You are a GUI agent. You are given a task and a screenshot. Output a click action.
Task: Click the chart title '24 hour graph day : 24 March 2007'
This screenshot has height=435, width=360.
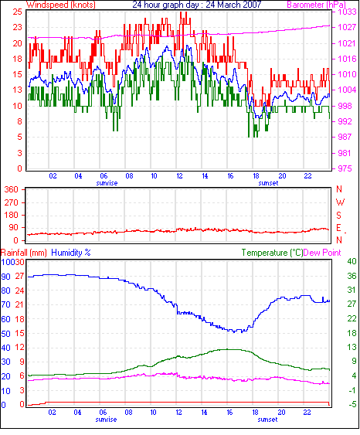tap(197, 5)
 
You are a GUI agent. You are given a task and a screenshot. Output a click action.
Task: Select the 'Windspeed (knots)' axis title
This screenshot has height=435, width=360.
tap(61, 5)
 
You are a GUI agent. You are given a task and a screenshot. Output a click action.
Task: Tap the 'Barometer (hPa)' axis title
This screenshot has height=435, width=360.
tap(316, 5)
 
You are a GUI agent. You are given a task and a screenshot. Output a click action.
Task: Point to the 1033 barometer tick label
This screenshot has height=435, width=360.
tap(347, 12)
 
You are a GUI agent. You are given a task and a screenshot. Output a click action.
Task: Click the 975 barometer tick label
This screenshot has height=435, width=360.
tap(345, 168)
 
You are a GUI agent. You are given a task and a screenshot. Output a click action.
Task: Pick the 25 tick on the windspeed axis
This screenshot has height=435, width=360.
tap(18, 12)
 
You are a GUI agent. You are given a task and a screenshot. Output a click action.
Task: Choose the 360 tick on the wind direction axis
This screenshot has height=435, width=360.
tap(11, 190)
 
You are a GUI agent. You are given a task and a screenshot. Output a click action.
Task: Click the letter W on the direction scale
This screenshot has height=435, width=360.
tap(340, 202)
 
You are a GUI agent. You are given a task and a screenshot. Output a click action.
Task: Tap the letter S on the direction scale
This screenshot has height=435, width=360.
tap(338, 216)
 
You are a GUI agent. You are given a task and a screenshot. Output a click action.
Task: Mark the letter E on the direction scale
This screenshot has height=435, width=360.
tap(338, 228)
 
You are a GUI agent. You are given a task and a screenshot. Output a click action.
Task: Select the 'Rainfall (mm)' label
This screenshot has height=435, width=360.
tap(24, 253)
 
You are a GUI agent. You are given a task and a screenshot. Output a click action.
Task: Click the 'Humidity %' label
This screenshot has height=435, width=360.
tap(71, 253)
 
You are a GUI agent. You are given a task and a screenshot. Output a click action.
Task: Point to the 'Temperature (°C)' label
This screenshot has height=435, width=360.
tap(272, 253)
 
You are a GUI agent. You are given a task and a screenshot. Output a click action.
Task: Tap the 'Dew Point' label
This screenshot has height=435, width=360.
tap(322, 253)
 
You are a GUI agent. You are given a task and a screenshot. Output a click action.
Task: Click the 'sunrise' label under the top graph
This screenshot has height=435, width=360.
tap(107, 183)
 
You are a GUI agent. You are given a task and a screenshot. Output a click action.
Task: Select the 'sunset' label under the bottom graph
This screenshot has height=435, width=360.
tap(267, 420)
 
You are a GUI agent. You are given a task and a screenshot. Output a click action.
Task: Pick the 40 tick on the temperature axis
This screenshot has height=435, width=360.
tap(352, 261)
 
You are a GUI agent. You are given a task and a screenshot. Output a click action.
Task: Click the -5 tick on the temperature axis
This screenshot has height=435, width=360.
tap(352, 405)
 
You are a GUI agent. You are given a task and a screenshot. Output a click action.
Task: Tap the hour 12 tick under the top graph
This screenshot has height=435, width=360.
tap(180, 176)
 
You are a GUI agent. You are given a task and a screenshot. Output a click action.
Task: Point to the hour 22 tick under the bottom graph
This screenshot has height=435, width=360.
tap(307, 413)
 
